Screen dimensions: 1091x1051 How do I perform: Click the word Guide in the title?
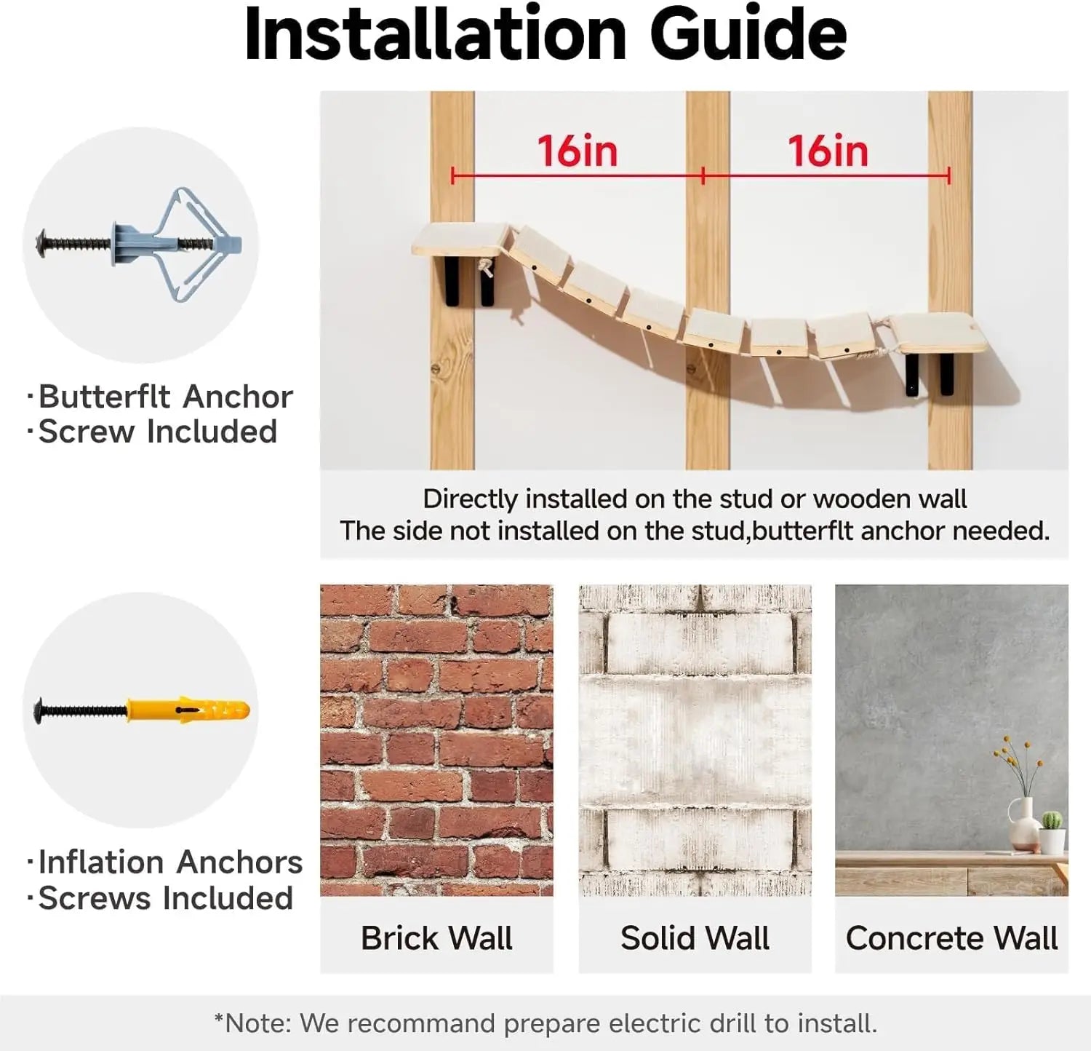click(x=748, y=35)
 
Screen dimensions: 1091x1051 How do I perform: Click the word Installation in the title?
click(x=436, y=34)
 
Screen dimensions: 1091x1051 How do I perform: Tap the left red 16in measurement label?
click(x=578, y=151)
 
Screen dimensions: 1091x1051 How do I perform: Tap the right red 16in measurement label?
click(x=828, y=151)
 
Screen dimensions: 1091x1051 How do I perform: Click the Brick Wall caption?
click(x=436, y=937)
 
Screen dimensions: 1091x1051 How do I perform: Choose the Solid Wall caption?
click(x=695, y=937)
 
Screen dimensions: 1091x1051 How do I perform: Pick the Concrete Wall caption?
click(x=951, y=937)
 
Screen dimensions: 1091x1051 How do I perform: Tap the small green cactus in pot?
click(x=1052, y=833)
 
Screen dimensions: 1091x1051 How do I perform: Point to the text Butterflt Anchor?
click(x=165, y=397)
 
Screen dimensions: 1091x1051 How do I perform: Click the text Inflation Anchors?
click(x=170, y=862)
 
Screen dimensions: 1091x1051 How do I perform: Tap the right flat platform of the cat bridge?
click(x=940, y=333)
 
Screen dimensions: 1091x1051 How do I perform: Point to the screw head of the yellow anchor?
click(x=41, y=710)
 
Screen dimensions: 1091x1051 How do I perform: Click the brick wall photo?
click(x=436, y=739)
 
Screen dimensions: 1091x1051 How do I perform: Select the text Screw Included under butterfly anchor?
click(x=158, y=432)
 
